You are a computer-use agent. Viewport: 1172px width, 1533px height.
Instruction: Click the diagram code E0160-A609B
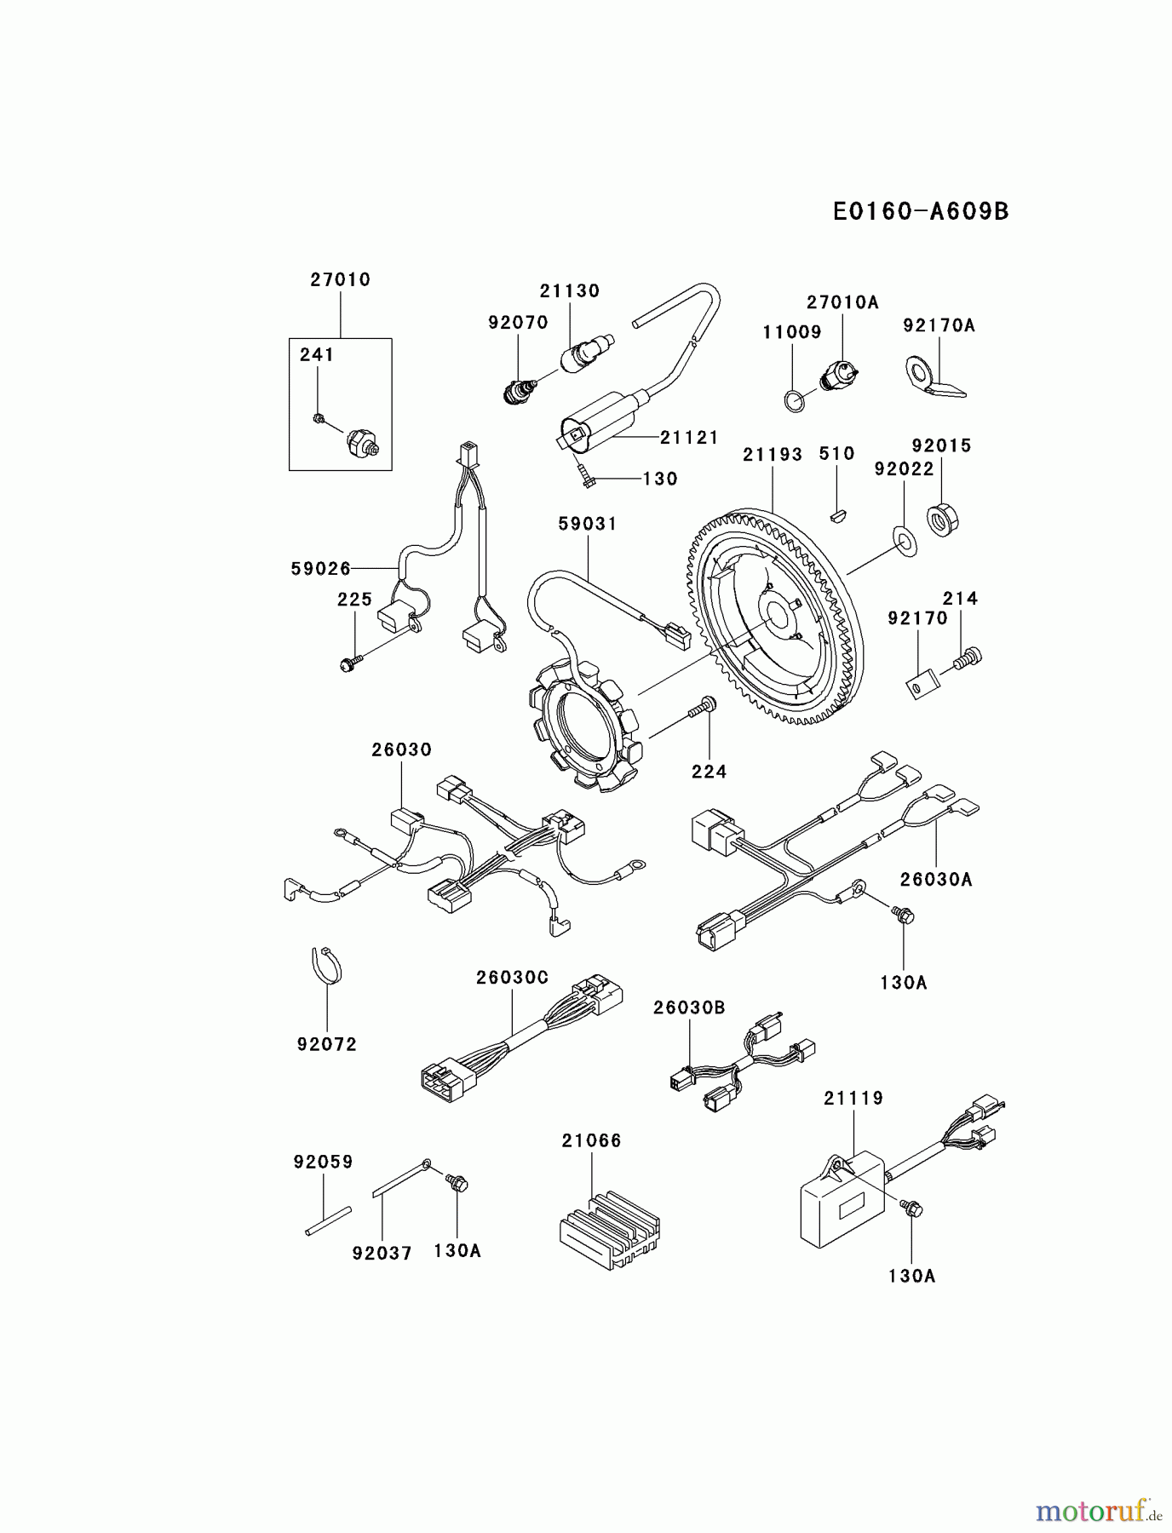pyautogui.click(x=920, y=211)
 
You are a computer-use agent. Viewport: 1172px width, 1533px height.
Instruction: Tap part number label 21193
pyautogui.click(x=772, y=455)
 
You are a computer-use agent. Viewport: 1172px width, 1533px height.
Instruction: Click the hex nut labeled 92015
pyautogui.click(x=942, y=519)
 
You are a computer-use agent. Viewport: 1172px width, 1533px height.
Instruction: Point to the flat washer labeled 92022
pyautogui.click(x=904, y=540)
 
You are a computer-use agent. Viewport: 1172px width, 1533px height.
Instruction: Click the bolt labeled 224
pyautogui.click(x=704, y=706)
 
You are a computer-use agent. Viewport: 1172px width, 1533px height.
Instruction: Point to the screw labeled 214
pyautogui.click(x=968, y=657)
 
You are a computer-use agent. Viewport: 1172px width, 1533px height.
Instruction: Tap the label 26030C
pyautogui.click(x=512, y=978)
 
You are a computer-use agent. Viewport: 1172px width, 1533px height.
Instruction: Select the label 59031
pyautogui.click(x=588, y=524)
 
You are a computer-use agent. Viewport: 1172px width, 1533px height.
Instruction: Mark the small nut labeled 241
pyautogui.click(x=317, y=417)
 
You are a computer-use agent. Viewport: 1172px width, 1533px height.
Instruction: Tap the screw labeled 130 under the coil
pyautogui.click(x=586, y=478)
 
